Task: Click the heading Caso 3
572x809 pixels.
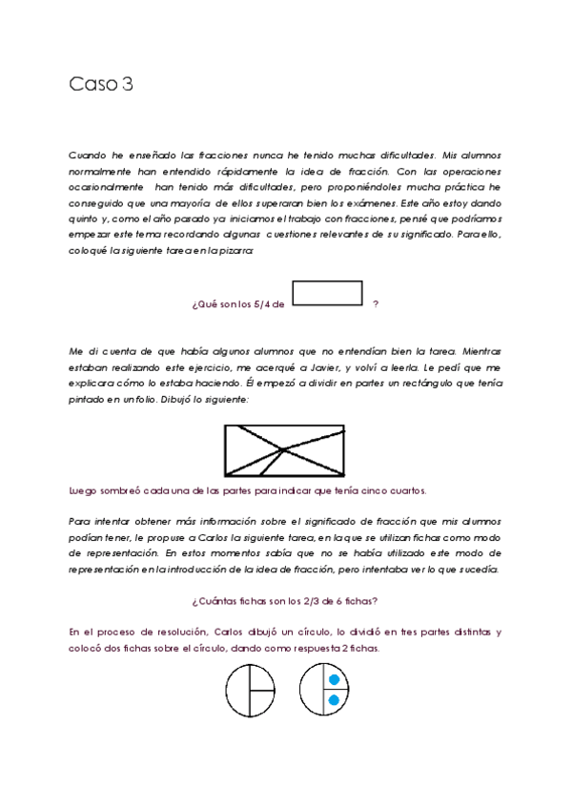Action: point(100,84)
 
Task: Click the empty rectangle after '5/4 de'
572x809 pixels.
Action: point(327,292)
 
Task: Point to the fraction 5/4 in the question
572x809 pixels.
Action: point(265,304)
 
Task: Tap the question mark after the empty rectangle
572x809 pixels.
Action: point(376,304)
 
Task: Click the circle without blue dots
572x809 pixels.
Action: point(250,689)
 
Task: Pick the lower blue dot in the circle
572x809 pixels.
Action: point(334,700)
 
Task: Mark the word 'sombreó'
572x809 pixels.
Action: point(113,490)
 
